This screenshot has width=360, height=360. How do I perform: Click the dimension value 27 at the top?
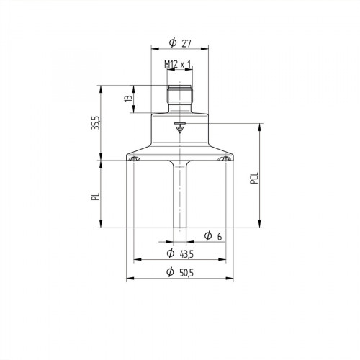(x=186, y=41)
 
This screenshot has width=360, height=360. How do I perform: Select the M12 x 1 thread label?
(x=178, y=65)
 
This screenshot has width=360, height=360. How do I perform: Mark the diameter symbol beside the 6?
(x=207, y=235)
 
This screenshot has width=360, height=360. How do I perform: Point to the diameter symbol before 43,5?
(x=170, y=253)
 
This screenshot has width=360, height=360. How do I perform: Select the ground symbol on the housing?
(x=179, y=129)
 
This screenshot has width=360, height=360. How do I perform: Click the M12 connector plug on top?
(x=179, y=96)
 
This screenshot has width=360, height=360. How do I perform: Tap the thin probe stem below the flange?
(x=179, y=194)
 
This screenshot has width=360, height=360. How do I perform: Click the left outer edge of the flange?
(x=127, y=157)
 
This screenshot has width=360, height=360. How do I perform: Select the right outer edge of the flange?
(x=232, y=157)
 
